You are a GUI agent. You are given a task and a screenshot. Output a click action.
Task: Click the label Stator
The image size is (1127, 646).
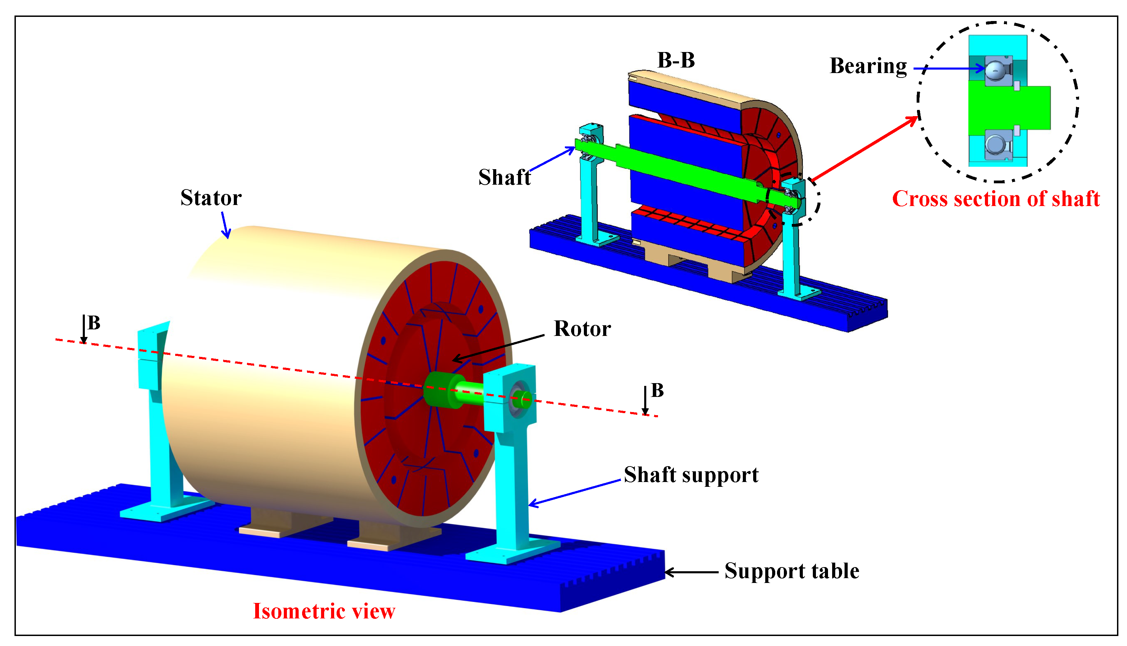[211, 198]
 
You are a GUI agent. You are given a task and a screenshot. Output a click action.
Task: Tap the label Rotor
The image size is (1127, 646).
[582, 329]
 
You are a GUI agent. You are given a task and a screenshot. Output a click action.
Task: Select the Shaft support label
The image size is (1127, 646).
[691, 475]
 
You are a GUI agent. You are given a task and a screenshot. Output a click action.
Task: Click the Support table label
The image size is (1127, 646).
[792, 571]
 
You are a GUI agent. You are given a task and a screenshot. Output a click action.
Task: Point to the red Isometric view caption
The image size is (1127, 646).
[324, 612]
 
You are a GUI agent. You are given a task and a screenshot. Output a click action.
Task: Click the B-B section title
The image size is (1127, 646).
[676, 60]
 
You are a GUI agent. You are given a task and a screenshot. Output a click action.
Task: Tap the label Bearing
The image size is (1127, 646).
[868, 66]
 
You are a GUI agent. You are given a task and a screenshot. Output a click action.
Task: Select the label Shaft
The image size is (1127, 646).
[505, 177]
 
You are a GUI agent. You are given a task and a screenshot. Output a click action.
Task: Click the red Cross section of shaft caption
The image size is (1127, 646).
[996, 199]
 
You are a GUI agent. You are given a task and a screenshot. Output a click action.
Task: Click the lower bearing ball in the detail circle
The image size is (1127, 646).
[995, 145]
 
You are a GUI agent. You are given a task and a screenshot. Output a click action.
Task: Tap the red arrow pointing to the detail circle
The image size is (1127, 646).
[864, 148]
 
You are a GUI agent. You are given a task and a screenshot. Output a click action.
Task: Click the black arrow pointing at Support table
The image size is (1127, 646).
[691, 572]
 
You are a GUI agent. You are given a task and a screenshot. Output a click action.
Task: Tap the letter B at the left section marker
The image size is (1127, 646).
[94, 323]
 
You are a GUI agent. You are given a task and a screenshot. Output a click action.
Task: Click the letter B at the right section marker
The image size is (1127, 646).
[657, 390]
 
